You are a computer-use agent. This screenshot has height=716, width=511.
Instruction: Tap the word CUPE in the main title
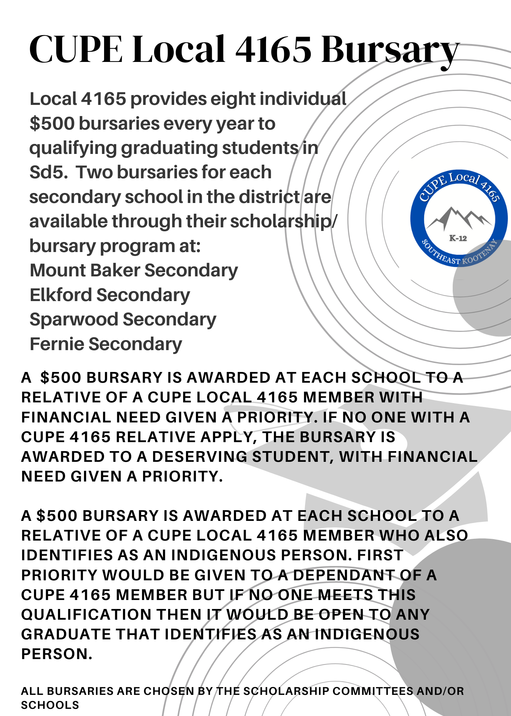click(x=75, y=50)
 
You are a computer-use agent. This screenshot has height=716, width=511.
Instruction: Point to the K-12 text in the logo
click(x=458, y=238)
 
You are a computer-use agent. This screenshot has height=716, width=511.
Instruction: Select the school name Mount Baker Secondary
click(x=134, y=270)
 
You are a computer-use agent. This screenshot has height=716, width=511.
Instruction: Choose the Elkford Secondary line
click(x=110, y=295)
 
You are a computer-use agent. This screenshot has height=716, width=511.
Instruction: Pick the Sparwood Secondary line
click(x=123, y=319)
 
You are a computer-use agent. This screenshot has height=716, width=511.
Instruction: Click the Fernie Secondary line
click(x=106, y=344)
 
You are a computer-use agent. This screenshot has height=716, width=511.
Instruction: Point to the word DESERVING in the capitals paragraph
click(x=200, y=457)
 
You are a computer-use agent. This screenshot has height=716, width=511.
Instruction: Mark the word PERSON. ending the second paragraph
click(x=57, y=654)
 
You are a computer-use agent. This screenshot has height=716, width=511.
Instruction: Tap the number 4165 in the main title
click(x=273, y=50)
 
